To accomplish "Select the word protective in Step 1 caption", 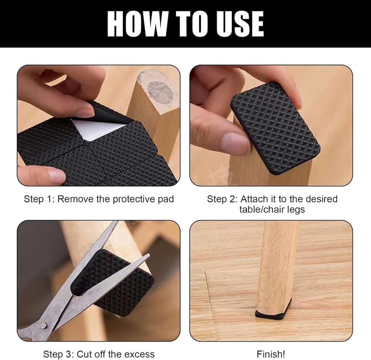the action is point(134,199).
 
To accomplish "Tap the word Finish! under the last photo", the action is point(271,354).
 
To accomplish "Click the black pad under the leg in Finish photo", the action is point(273,312).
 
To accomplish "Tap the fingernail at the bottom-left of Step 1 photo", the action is point(56,175).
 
